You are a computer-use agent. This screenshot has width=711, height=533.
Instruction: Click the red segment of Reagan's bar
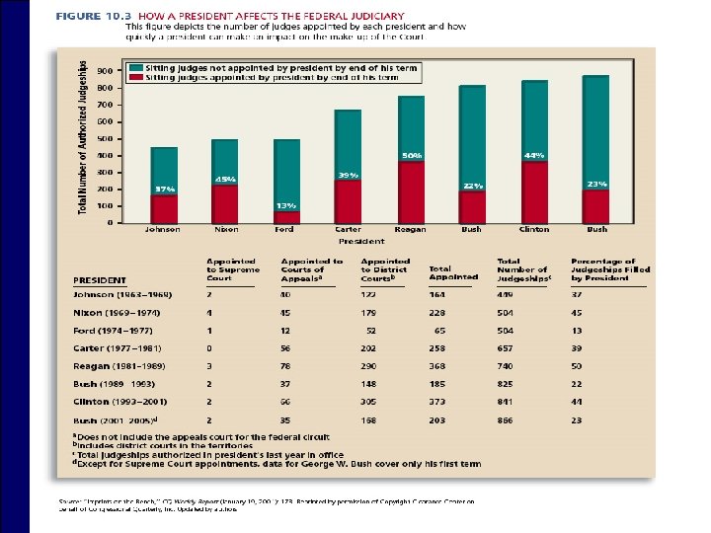(411, 192)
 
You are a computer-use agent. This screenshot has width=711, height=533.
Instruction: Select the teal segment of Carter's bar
(348, 144)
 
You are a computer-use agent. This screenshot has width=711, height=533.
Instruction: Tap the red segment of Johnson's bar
(164, 208)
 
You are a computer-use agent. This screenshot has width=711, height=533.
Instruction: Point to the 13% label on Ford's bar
(286, 205)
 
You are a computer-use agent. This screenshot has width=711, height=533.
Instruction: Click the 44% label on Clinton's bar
(534, 155)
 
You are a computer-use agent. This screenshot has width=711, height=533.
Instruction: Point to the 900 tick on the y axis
(106, 71)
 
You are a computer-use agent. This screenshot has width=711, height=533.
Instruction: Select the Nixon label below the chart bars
(226, 229)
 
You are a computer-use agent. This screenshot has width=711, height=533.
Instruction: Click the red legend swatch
(136, 76)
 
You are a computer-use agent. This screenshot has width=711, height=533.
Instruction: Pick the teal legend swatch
(136, 67)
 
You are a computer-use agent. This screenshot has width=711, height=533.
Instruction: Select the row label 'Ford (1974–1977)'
(113, 331)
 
